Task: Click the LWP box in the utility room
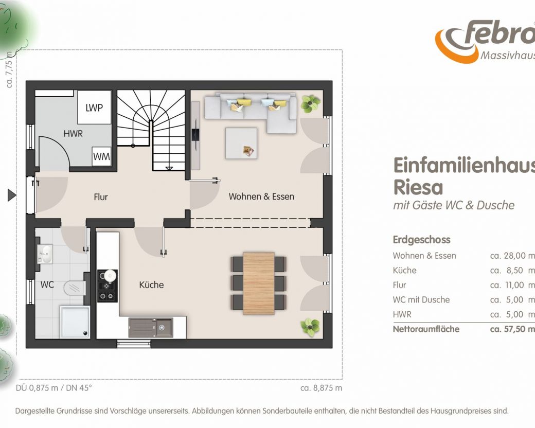(x=94, y=107)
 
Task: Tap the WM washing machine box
(x=101, y=156)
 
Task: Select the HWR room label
(x=73, y=133)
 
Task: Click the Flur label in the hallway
(x=101, y=197)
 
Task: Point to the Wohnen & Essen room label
(x=261, y=197)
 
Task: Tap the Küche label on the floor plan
(x=151, y=284)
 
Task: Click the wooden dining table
(x=259, y=283)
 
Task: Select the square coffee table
(x=241, y=144)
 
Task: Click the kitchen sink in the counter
(x=151, y=327)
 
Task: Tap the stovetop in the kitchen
(x=108, y=286)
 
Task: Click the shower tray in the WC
(x=75, y=322)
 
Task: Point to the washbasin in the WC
(x=45, y=254)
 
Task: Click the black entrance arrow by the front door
(x=12, y=195)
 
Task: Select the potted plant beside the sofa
(x=311, y=104)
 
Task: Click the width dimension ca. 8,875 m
(x=321, y=388)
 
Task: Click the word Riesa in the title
(x=418, y=187)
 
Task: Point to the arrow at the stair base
(x=169, y=168)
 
